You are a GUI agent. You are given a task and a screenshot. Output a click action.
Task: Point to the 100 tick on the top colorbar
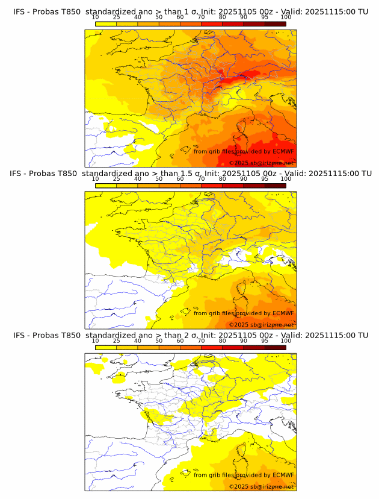pyautogui.click(x=286, y=17)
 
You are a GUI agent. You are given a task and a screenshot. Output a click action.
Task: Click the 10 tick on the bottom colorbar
pyautogui.click(x=95, y=341)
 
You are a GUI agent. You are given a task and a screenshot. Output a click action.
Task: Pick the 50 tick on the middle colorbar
pyautogui.click(x=159, y=179)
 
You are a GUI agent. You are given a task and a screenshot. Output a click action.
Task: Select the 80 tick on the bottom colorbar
pyautogui.click(x=223, y=341)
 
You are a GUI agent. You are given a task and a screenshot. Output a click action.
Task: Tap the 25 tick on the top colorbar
pyautogui.click(x=116, y=17)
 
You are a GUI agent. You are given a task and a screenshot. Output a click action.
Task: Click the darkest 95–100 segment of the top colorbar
pyautogui.click(x=276, y=24)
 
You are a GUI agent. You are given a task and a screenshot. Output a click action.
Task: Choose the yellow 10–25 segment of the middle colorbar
pyautogui.click(x=105, y=185)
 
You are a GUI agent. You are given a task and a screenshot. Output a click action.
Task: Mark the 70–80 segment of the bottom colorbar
pyautogui.click(x=212, y=347)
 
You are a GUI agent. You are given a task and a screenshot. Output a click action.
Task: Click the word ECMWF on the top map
pyautogui.click(x=283, y=151)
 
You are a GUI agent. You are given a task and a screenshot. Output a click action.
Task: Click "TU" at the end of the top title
pyautogui.click(x=363, y=12)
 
